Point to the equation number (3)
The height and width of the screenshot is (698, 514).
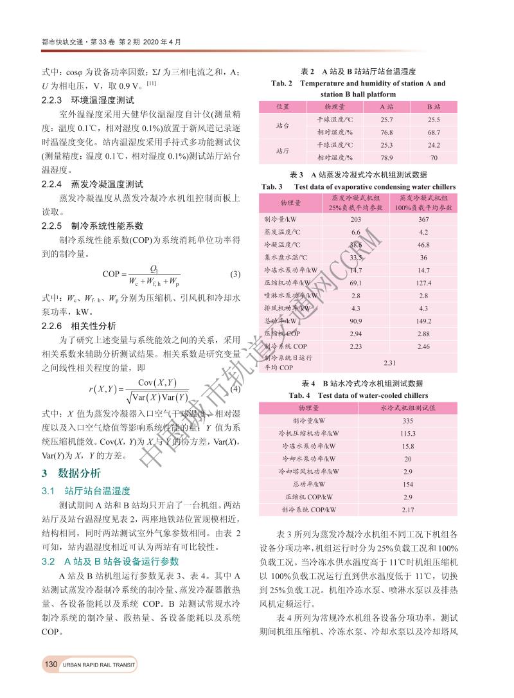(x=235, y=275)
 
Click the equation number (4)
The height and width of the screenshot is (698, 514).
(x=235, y=388)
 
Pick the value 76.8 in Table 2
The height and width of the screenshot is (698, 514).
(x=387, y=132)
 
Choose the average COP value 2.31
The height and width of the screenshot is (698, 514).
(x=389, y=362)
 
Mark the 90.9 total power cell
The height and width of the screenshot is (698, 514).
(x=355, y=321)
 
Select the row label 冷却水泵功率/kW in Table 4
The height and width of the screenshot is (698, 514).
(x=309, y=459)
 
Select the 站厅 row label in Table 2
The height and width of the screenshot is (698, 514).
(x=282, y=150)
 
